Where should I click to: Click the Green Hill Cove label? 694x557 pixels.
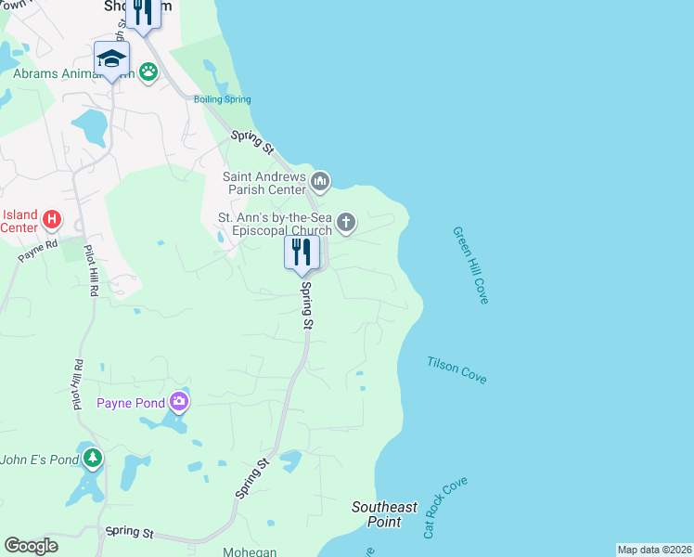coord(470,266)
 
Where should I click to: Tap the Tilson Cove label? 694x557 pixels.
coord(456,369)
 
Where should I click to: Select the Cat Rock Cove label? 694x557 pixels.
coord(444,508)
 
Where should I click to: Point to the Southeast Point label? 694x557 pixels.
coord(384,513)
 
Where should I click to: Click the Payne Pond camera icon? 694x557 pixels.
coord(179,402)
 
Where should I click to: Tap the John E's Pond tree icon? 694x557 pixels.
coord(92,458)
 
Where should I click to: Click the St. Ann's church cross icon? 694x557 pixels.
coord(345,222)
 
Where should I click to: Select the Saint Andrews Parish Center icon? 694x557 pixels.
coord(320,180)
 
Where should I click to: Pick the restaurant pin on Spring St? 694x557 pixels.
coord(302,252)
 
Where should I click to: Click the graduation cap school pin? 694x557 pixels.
coord(111,59)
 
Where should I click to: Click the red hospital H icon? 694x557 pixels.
coord(53,221)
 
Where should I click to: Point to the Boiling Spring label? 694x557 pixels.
coord(222,99)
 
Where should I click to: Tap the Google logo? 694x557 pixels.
coord(31,546)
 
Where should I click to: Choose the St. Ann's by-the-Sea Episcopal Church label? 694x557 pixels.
coord(274,224)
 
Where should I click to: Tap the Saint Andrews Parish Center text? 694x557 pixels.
coord(264,183)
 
